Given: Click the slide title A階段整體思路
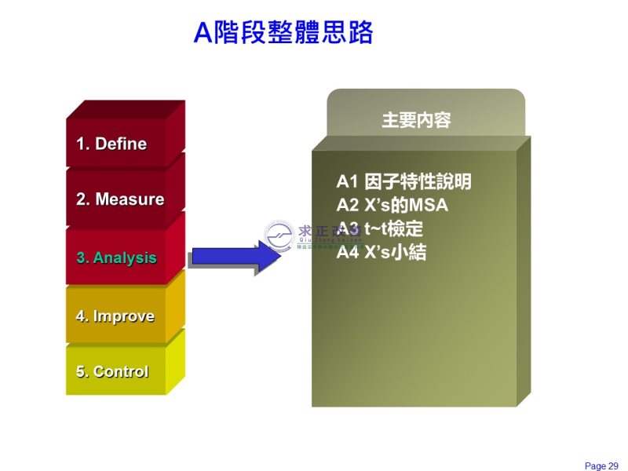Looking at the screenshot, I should click(x=283, y=33).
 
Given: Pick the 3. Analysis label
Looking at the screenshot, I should click(x=116, y=257).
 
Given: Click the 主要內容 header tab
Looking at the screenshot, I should click(x=416, y=121).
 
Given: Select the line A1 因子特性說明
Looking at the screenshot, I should click(x=403, y=182).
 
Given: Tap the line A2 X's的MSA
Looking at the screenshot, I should click(x=392, y=206).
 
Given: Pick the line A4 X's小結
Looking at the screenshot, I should click(x=382, y=253).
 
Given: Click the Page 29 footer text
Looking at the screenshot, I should click(x=601, y=466).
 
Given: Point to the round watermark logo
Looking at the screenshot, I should click(x=279, y=234).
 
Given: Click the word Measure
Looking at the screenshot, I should click(x=130, y=199).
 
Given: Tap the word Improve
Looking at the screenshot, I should click(x=123, y=316).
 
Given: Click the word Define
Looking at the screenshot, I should click(x=120, y=144).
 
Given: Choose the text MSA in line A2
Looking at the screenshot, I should click(x=430, y=206).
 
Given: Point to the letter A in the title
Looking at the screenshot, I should click(x=204, y=33).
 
